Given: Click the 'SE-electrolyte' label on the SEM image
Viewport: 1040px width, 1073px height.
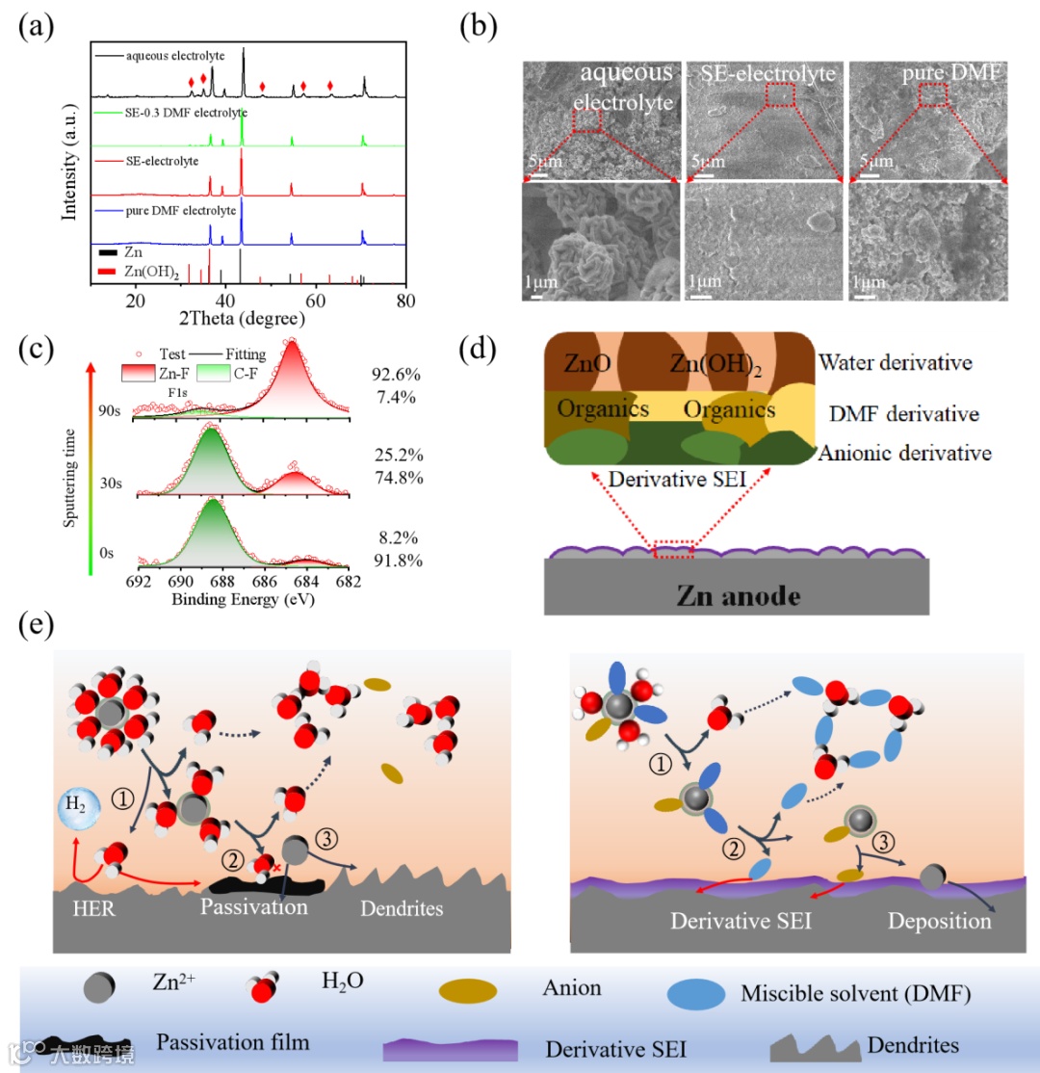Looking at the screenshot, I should [757, 71].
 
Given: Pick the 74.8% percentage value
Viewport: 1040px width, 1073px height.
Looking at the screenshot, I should [395, 476].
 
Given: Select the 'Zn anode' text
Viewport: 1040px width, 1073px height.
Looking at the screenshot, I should [738, 595].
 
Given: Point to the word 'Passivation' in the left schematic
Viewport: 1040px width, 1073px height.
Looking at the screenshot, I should [255, 907].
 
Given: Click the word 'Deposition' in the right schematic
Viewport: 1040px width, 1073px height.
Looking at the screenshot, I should [939, 921].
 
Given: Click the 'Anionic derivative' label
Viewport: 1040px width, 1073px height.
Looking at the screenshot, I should [905, 453].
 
